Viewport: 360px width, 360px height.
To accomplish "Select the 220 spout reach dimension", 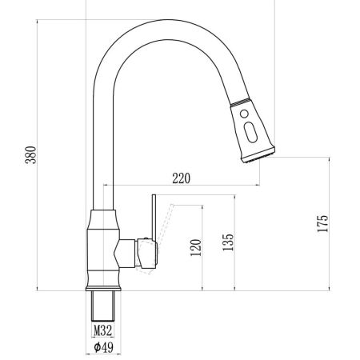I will (182, 179).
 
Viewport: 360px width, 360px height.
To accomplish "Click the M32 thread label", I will (102, 330).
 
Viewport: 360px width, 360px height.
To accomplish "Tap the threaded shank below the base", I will (103, 306).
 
